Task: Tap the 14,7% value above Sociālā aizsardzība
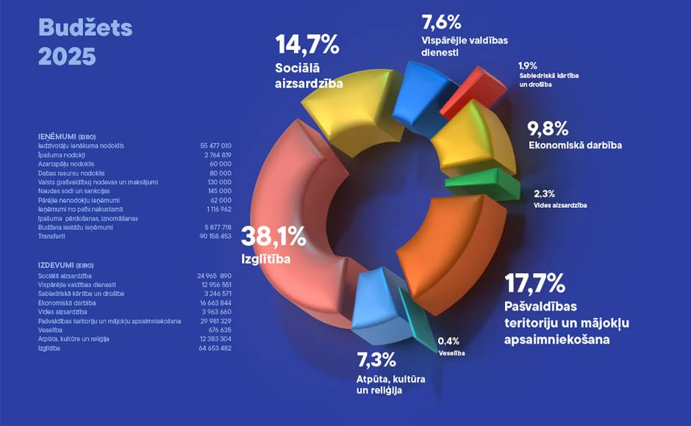(x=307, y=45)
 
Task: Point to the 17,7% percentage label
(x=534, y=284)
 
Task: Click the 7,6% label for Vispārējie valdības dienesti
(x=442, y=22)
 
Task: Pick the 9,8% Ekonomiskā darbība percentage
(x=548, y=129)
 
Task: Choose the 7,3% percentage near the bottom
(x=377, y=360)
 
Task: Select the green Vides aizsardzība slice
(x=481, y=184)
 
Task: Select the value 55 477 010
(x=215, y=145)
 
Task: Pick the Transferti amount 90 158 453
(x=215, y=237)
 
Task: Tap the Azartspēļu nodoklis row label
(x=68, y=164)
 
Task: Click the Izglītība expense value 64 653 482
(x=215, y=348)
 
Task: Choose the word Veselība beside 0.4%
(x=451, y=353)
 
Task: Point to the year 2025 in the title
(x=67, y=57)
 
